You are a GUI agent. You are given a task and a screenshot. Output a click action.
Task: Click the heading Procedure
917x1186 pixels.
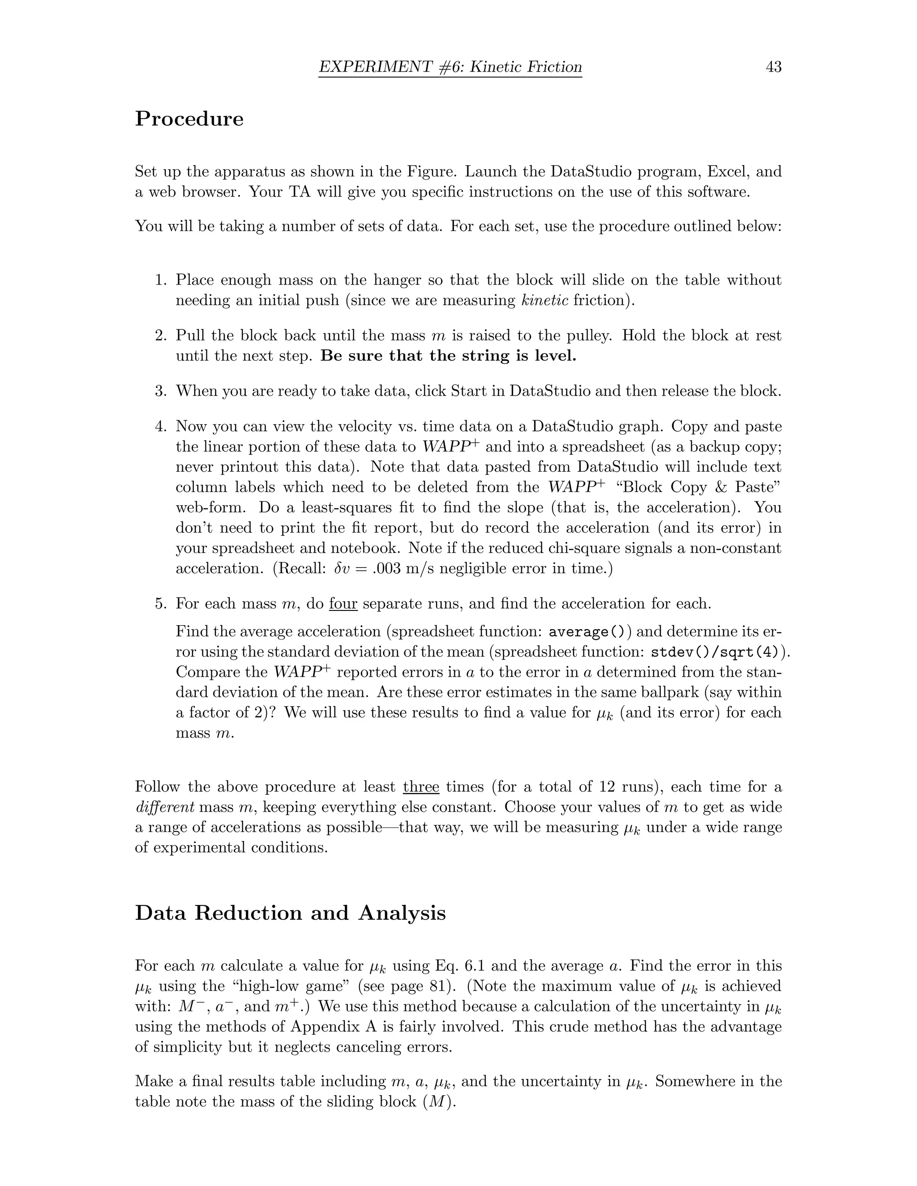pos(189,119)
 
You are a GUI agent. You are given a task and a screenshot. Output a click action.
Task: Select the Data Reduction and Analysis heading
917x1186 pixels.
pos(290,913)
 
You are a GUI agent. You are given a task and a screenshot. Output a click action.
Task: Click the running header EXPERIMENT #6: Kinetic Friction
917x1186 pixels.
pos(450,67)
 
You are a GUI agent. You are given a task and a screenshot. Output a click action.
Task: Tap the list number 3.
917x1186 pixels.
pos(160,391)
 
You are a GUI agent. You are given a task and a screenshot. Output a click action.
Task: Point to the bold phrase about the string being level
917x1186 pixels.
pos(448,356)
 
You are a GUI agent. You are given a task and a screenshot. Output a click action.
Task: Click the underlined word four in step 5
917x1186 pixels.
pos(343,604)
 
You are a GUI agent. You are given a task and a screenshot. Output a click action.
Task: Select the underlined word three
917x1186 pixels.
pos(421,787)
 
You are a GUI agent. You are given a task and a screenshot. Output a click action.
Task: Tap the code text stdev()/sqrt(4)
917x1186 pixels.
pos(718,652)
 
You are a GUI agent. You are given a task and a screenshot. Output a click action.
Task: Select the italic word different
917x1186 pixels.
pos(165,807)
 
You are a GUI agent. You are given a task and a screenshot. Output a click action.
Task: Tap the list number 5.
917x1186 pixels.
pos(160,604)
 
